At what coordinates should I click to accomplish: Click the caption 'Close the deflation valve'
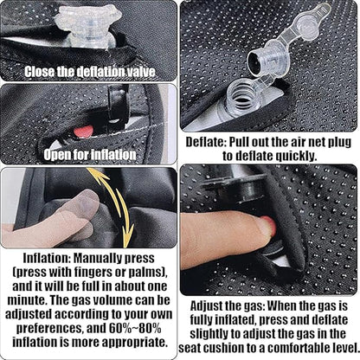89,72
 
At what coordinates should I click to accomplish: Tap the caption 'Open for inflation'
90,155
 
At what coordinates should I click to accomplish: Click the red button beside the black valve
83,132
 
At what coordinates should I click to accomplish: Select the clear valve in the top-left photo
88,25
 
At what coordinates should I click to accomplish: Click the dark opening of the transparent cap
255,61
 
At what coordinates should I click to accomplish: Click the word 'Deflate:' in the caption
206,142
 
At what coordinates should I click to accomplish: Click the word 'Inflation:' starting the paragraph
47,258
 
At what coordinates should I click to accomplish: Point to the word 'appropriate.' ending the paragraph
134,342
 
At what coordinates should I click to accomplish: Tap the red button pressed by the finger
270,225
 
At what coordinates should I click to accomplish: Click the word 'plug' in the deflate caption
339,143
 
